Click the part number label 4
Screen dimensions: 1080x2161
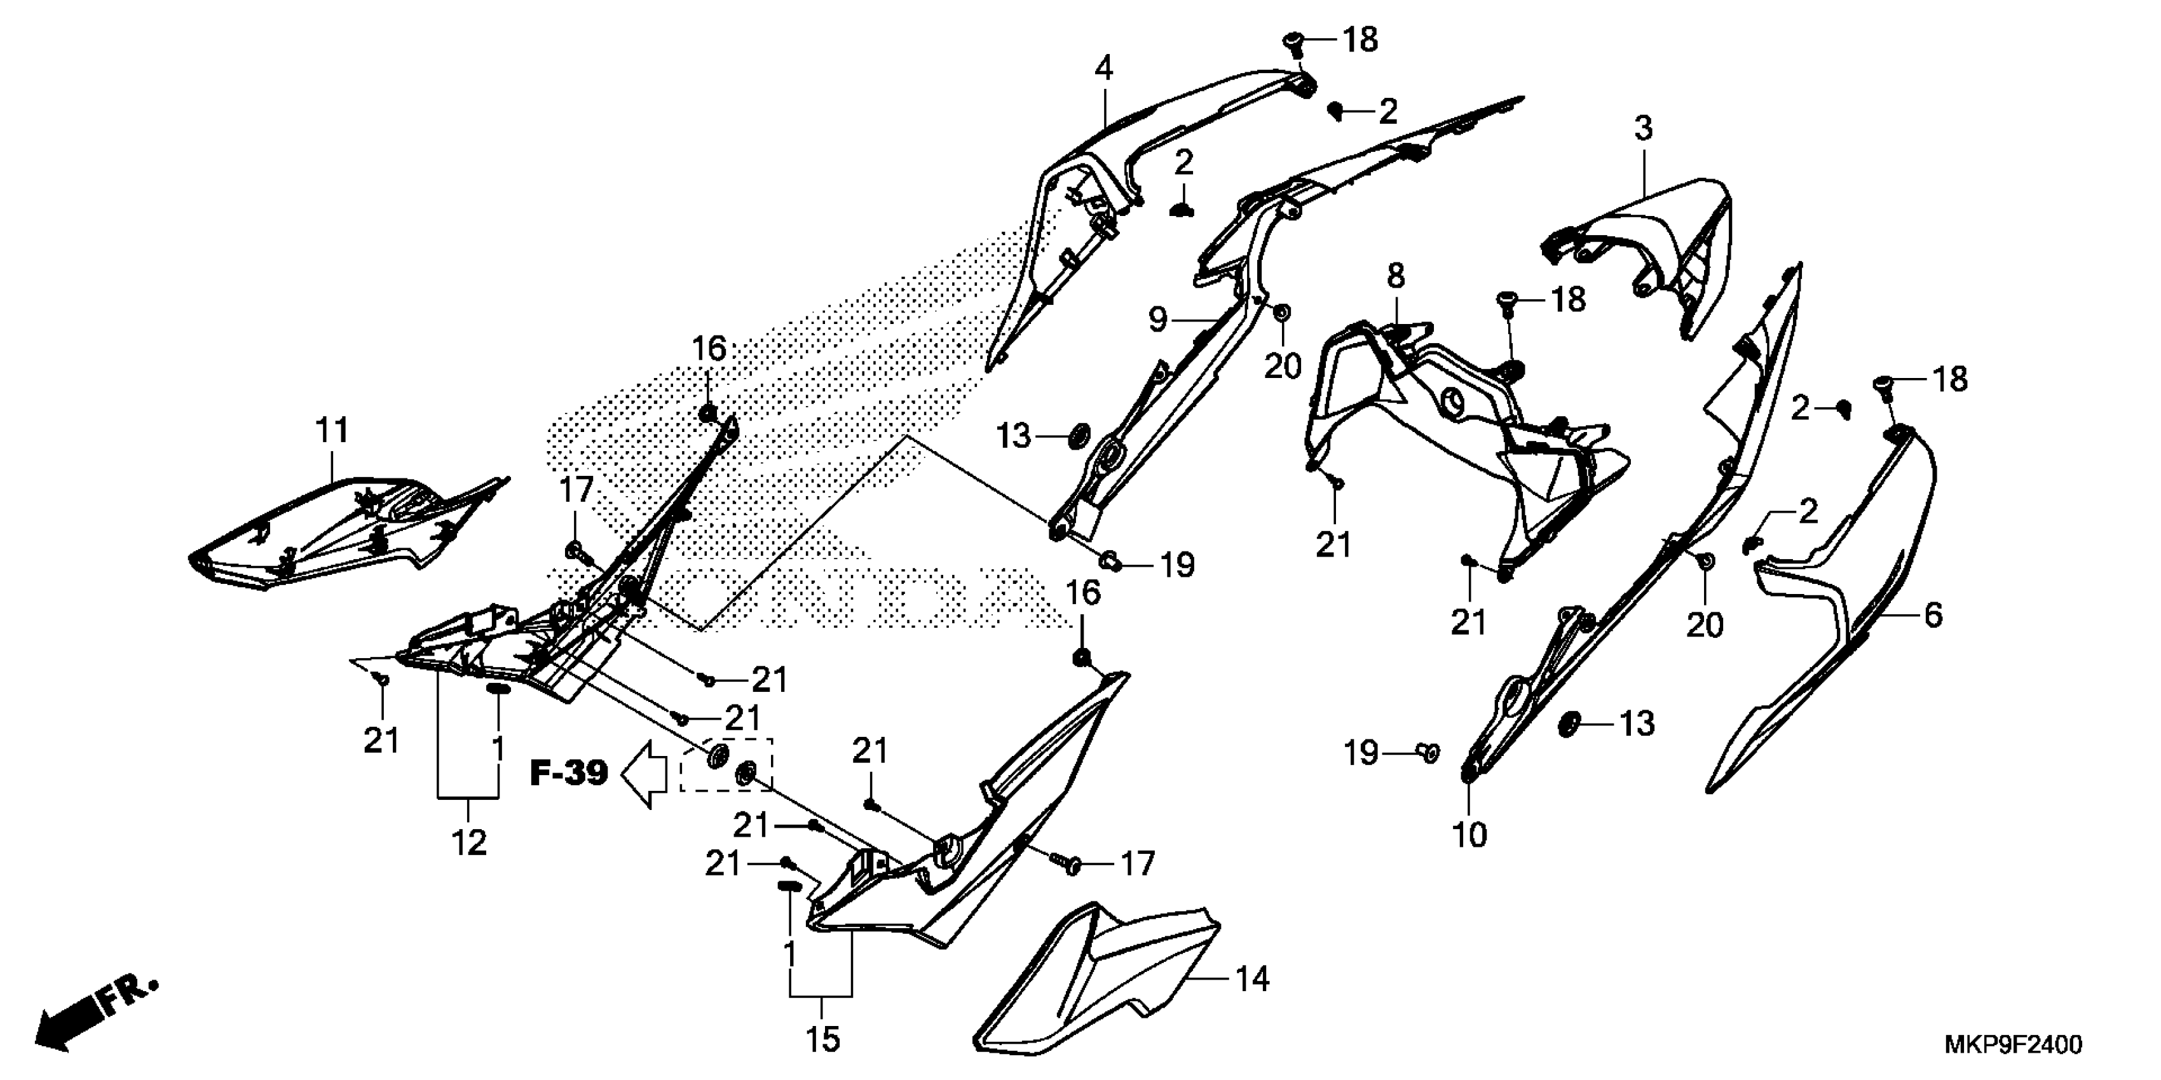coord(1104,69)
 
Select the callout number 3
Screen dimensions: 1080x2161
coord(1644,129)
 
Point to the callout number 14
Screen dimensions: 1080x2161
coord(1253,980)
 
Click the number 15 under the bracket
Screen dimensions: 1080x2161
coord(823,1040)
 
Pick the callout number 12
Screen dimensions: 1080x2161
coord(469,842)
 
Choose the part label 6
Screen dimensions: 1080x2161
coord(1933,616)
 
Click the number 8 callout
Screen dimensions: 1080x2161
coord(1395,276)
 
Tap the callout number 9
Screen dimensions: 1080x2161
coord(1157,320)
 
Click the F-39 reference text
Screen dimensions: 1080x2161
coord(569,773)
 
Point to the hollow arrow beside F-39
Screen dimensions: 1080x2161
coord(643,773)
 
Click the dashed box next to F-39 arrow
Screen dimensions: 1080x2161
coord(726,765)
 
